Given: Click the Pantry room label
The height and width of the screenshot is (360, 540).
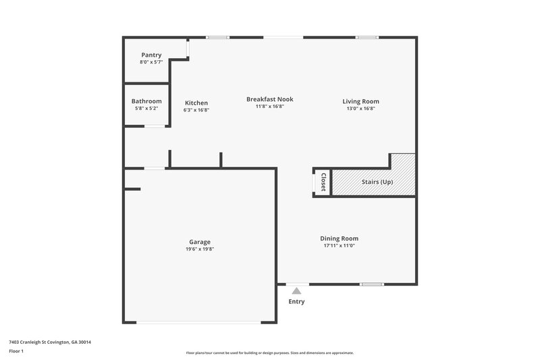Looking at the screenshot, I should (151, 55).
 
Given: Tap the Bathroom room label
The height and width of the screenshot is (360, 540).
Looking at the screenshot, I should (146, 101).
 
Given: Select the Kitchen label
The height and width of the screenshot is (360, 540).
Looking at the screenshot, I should (196, 103).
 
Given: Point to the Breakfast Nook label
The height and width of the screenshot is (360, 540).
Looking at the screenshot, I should (269, 99).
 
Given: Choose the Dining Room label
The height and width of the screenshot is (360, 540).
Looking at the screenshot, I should (339, 238).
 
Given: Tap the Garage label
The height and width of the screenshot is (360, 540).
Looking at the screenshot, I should (200, 242).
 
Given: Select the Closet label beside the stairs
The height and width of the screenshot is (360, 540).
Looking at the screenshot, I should (323, 182).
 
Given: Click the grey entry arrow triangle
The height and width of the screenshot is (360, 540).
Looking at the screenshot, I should (296, 290).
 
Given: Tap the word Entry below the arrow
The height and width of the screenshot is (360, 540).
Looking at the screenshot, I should (297, 302).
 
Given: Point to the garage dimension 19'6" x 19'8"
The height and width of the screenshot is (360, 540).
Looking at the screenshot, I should (200, 249).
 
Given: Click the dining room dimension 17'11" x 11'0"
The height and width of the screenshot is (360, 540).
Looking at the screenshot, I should (339, 246).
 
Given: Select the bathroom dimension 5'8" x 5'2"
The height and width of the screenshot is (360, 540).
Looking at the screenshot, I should (146, 109).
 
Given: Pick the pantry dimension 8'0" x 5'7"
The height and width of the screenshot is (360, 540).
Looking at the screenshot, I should (151, 62).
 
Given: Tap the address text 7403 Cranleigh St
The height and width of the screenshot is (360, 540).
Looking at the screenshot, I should (50, 342).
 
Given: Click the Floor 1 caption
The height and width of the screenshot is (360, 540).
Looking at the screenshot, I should (16, 351).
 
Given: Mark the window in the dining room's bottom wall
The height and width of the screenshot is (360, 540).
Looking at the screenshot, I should (371, 284).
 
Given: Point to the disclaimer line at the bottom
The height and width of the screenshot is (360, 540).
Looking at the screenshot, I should (269, 353).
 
